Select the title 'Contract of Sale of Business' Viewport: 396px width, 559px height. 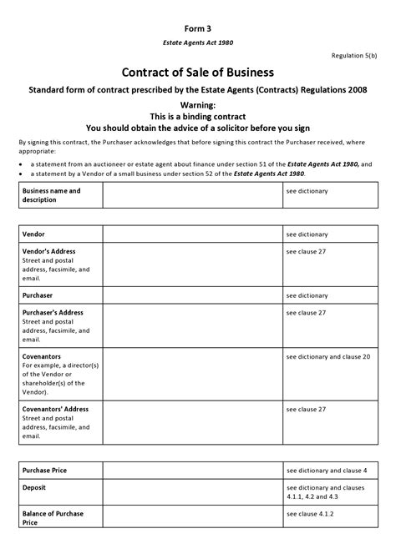(x=198, y=73)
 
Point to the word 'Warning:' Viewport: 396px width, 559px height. (x=198, y=105)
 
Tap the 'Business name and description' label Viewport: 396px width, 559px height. (x=51, y=195)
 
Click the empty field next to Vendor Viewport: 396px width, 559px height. (x=192, y=234)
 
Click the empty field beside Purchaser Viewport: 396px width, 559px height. (x=192, y=295)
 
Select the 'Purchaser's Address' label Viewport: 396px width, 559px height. (x=54, y=312)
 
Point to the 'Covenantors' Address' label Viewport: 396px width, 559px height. (x=55, y=409)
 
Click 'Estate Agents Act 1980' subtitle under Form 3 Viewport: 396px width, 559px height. (x=198, y=42)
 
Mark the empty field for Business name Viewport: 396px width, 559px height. (x=192, y=196)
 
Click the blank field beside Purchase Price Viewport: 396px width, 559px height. (x=192, y=470)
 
